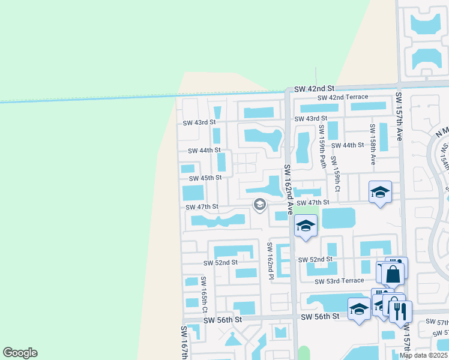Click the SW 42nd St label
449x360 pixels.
point(313,88)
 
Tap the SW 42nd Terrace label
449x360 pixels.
point(343,97)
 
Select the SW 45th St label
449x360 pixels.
point(205,178)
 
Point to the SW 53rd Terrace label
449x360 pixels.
point(340,281)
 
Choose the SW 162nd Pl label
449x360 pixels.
point(270,261)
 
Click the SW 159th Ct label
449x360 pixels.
point(337,178)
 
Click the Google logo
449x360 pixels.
point(20,353)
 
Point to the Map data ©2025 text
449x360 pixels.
point(424,355)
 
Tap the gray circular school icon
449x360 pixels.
point(260,205)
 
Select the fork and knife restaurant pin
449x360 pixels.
point(400,311)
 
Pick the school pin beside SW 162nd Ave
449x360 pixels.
point(306,226)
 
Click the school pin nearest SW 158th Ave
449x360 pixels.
point(380,192)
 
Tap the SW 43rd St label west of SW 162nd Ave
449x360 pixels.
point(199,122)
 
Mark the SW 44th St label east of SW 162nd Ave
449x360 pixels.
point(348,145)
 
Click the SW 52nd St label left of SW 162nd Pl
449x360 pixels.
point(220,263)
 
